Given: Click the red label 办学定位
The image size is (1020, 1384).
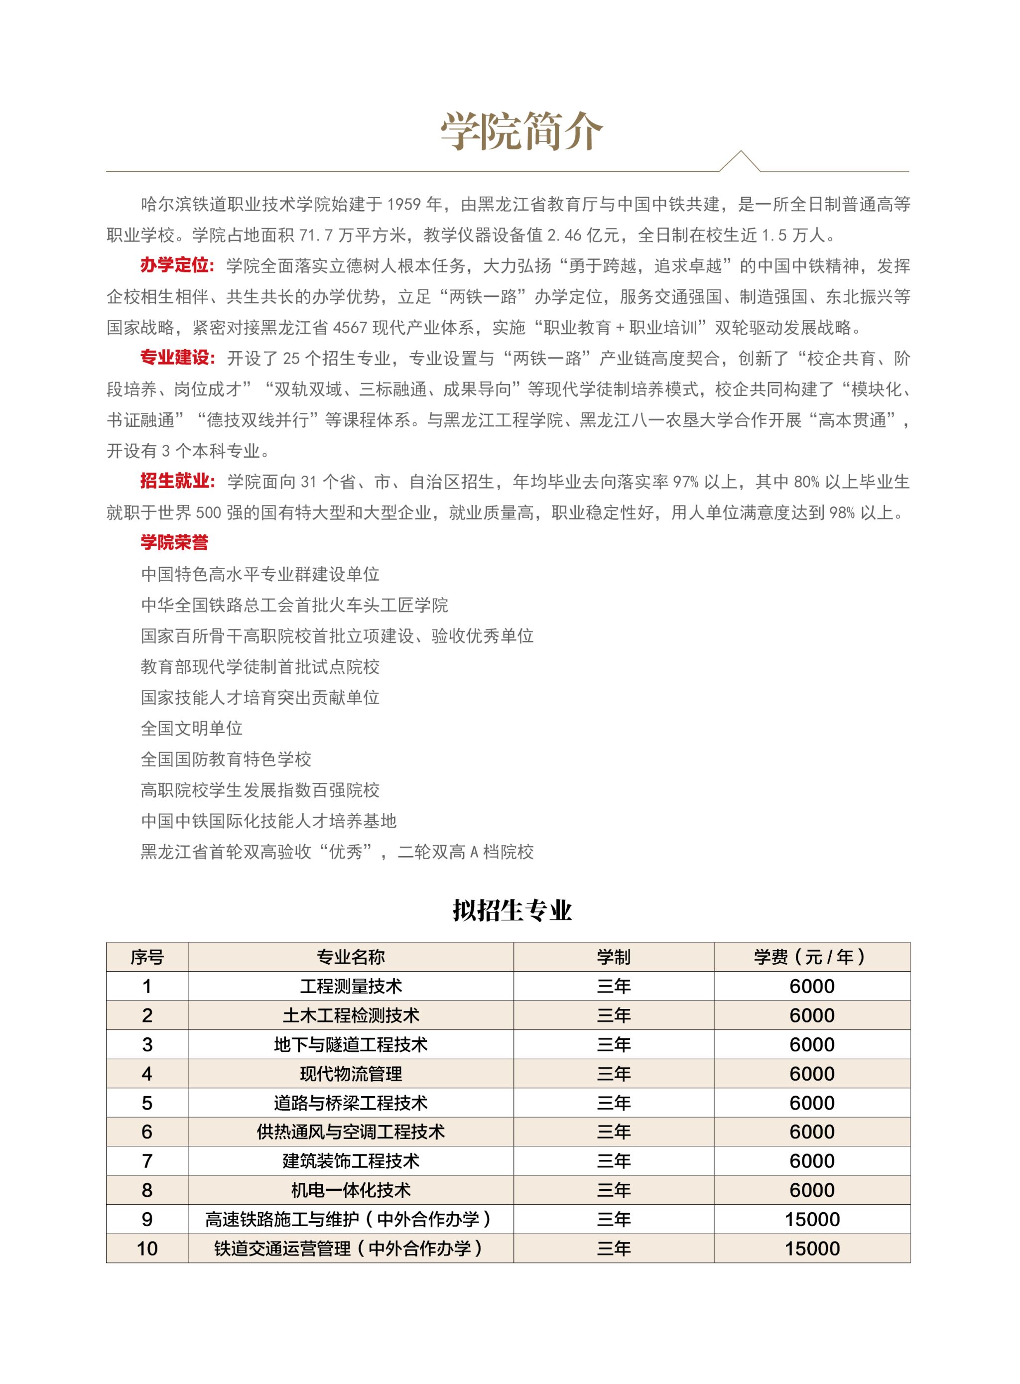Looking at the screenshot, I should (176, 265).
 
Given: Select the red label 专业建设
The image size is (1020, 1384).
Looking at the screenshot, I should (176, 358).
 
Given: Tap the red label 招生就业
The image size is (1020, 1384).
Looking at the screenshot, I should (176, 482).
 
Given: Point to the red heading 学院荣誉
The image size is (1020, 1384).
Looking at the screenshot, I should (175, 543).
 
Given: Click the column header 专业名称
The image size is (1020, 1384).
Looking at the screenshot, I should (350, 957).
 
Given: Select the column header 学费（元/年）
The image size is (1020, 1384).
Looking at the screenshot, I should (811, 957).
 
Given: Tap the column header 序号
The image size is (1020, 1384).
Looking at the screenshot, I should (147, 957).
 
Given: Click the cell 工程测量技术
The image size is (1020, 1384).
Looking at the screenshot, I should (350, 987).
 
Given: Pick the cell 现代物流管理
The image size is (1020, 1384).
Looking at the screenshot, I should (350, 1074).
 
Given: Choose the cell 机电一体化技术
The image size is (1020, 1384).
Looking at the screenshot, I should (350, 1191).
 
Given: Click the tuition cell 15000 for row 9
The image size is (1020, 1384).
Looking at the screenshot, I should (811, 1220).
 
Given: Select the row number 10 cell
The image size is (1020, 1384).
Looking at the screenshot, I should (147, 1249).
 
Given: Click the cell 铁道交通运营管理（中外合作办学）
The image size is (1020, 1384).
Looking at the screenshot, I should (350, 1249).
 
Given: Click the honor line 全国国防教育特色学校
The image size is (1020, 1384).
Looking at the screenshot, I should (226, 759).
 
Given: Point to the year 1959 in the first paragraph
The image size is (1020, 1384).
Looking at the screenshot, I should (404, 204).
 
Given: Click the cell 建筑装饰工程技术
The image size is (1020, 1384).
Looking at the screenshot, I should (350, 1161).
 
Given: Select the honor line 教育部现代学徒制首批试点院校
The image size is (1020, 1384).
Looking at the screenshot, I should (260, 667).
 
